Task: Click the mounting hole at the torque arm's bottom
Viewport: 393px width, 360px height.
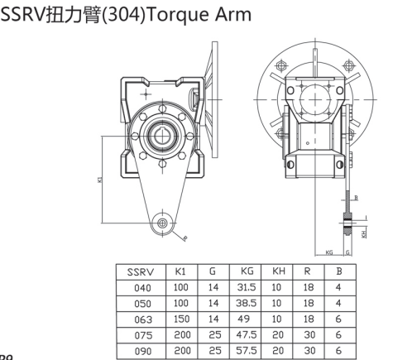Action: click(x=161, y=223)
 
